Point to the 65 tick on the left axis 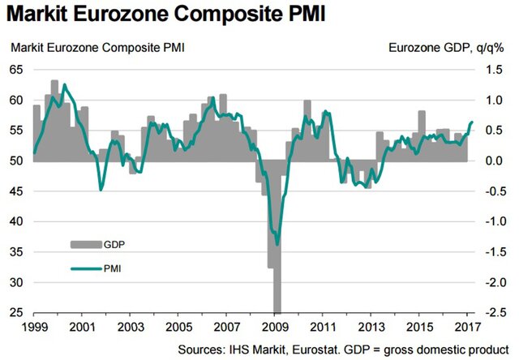point(17,71)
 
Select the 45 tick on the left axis point(17,192)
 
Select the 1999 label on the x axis point(33,328)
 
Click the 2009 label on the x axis point(277,328)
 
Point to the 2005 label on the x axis point(179,328)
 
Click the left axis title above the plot point(97,47)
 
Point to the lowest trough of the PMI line point(277,243)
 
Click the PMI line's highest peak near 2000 point(65,84)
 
